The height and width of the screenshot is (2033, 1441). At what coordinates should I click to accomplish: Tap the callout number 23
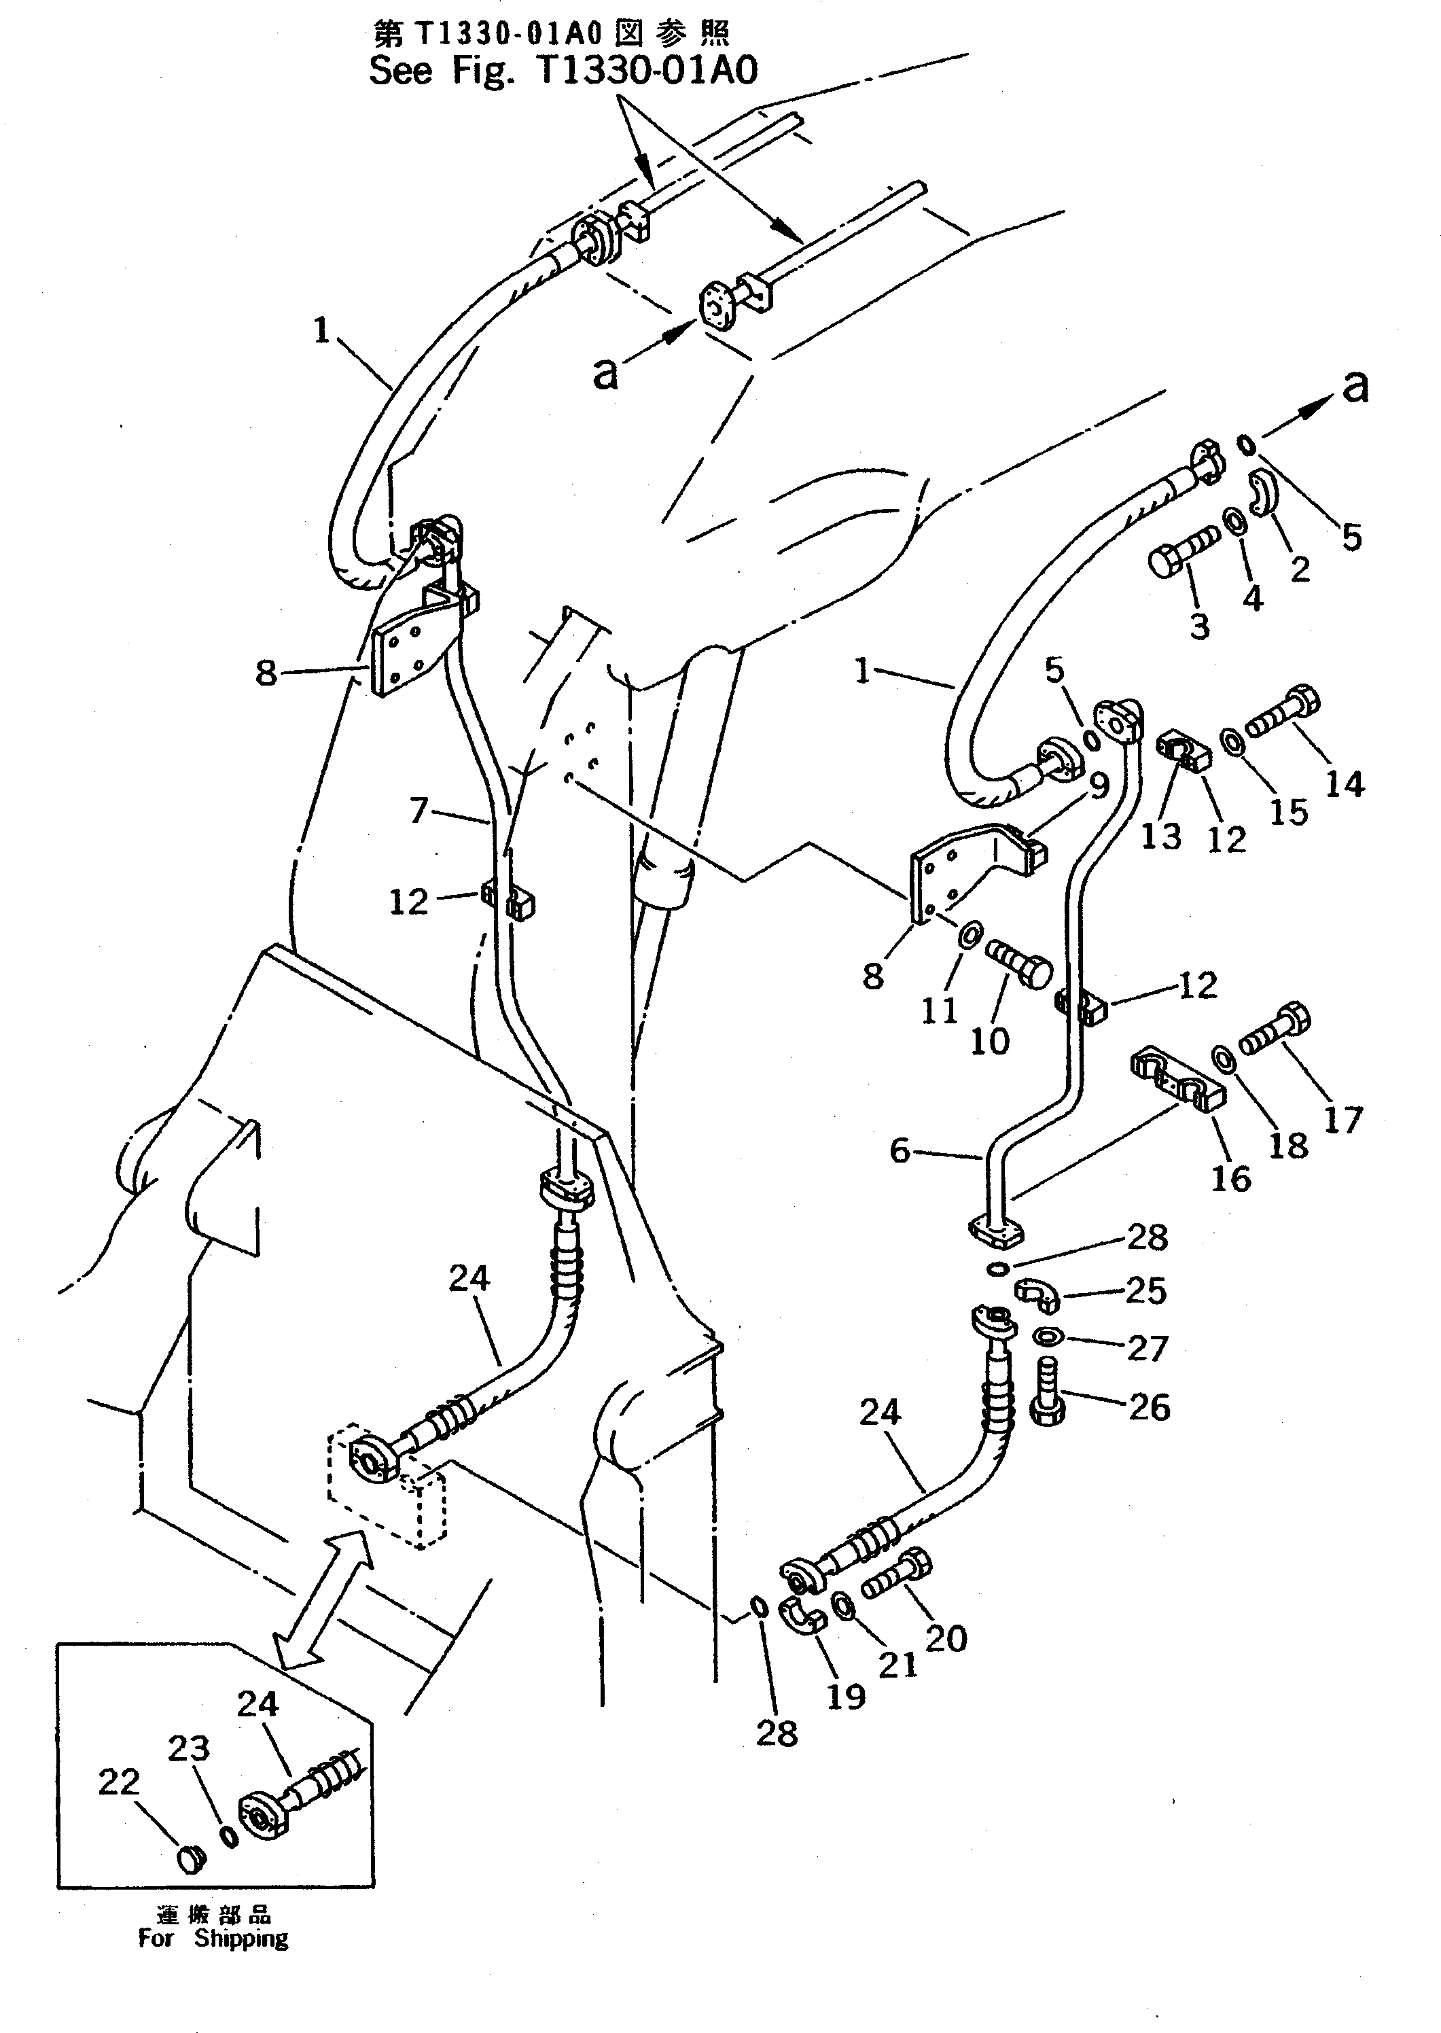tap(189, 1748)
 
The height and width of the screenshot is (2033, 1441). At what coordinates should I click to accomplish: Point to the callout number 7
tap(419, 809)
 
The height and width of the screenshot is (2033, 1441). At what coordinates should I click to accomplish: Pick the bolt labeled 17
tap(1276, 1031)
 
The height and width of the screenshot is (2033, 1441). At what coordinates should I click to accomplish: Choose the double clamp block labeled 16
tap(1177, 1082)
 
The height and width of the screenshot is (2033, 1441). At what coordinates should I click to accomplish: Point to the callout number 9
tap(1099, 785)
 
